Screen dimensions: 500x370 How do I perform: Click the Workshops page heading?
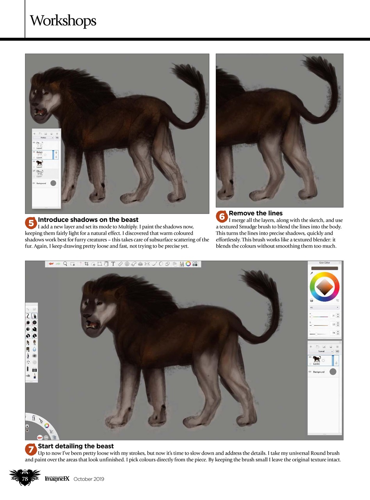(x=63, y=20)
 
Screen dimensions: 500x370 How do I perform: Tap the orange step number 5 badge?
(x=31, y=223)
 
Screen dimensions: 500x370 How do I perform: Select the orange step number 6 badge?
(x=222, y=216)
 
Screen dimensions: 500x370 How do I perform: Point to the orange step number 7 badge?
(x=31, y=449)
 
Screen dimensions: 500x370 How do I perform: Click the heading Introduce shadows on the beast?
(x=88, y=220)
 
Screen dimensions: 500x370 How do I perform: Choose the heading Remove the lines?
(x=256, y=213)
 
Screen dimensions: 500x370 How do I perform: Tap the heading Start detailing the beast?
(x=76, y=446)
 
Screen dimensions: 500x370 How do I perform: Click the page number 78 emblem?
(x=25, y=479)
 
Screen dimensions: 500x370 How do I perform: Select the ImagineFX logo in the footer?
(x=57, y=479)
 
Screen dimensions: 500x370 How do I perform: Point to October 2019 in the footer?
(x=89, y=479)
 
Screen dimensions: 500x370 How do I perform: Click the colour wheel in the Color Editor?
(x=324, y=287)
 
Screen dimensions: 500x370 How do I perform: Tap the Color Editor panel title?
(x=324, y=263)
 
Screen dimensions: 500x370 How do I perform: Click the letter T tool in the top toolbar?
(x=113, y=264)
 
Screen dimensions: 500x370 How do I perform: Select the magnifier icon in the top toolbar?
(x=65, y=264)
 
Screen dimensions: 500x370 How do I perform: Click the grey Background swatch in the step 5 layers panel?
(x=53, y=183)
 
